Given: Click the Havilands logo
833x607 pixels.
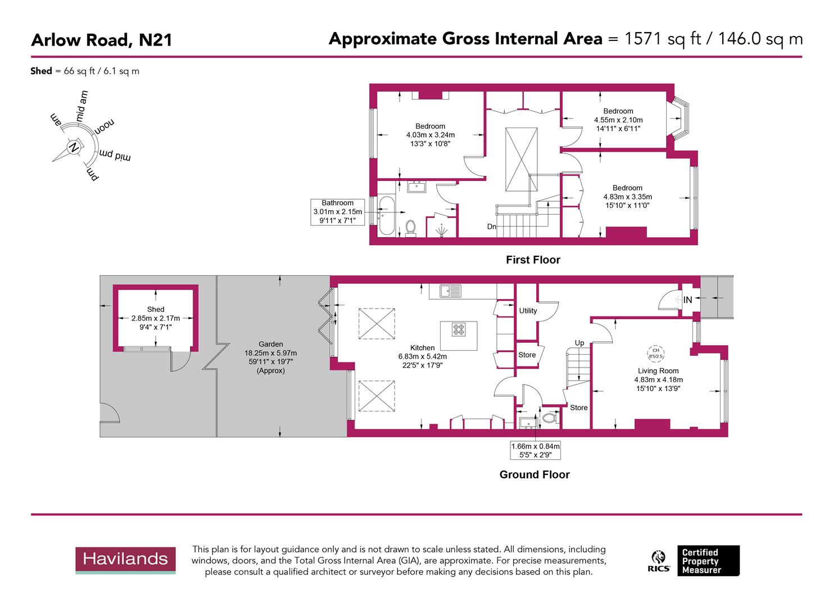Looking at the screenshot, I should [x=125, y=560].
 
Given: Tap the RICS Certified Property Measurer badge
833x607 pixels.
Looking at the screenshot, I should [x=695, y=561].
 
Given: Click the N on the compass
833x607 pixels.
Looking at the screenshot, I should [x=73, y=148].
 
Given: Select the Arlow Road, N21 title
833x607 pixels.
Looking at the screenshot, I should [x=102, y=40].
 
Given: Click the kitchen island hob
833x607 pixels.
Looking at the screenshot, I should [x=459, y=329].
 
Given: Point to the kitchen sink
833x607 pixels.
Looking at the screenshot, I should [x=451, y=291].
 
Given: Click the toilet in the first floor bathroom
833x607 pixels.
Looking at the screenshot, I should [x=411, y=228].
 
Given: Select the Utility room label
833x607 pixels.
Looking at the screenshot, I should [x=528, y=311].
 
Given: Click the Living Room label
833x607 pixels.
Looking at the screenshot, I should [x=658, y=371].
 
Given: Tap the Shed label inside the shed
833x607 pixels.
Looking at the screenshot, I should [x=156, y=310].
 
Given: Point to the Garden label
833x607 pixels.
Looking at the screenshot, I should [x=271, y=345].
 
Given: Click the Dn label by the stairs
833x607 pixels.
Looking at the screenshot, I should [x=492, y=227].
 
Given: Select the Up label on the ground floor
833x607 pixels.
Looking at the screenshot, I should [x=579, y=343].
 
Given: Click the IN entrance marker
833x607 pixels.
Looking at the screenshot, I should [x=687, y=300].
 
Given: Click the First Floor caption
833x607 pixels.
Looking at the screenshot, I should [x=533, y=260].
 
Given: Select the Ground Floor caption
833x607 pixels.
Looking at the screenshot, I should [x=535, y=475].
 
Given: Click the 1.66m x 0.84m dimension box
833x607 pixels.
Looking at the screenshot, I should [x=535, y=450].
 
